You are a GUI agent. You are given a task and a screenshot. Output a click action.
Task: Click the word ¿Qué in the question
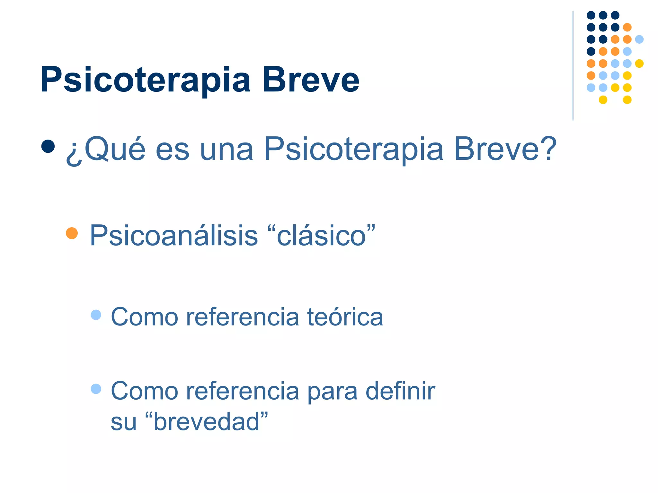(x=106, y=149)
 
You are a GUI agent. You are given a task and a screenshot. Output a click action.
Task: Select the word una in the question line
(x=226, y=150)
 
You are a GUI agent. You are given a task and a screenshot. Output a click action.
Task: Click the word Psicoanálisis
(x=174, y=236)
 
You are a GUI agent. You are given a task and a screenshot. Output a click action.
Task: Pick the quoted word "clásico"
(x=321, y=236)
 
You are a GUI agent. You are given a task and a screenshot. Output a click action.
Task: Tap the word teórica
(x=345, y=317)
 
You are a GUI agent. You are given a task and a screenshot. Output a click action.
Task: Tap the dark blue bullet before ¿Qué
(x=48, y=146)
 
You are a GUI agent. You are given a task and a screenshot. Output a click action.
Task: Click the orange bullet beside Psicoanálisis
(x=72, y=233)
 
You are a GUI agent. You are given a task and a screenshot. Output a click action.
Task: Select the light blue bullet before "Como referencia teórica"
(x=96, y=315)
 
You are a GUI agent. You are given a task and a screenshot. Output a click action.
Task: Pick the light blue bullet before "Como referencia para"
(x=96, y=389)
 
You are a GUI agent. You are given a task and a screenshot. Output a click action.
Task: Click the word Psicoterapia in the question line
(x=354, y=150)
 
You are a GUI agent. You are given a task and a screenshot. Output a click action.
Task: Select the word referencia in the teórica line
(x=243, y=317)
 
